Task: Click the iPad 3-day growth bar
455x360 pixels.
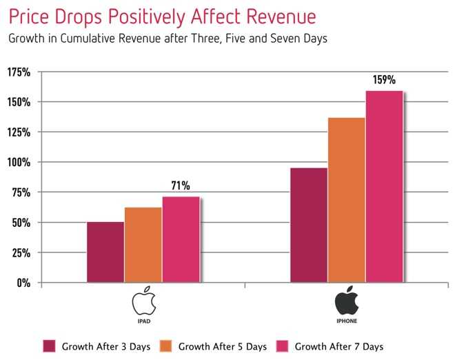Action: (x=105, y=252)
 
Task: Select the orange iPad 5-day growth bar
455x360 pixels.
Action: (x=143, y=245)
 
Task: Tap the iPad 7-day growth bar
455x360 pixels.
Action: (x=181, y=239)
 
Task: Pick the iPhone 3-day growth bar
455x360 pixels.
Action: (x=309, y=225)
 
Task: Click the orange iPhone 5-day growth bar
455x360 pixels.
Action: (x=347, y=200)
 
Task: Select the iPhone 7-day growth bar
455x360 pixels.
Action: (x=384, y=186)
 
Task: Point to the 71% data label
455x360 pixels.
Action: (x=181, y=186)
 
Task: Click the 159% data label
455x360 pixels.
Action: (x=385, y=79)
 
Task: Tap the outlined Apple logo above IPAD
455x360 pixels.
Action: (x=143, y=301)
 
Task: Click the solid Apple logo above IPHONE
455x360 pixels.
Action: (x=347, y=301)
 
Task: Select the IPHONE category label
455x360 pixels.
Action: (x=347, y=321)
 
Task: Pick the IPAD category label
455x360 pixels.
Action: (x=143, y=321)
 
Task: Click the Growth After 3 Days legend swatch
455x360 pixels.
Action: (x=49, y=346)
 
